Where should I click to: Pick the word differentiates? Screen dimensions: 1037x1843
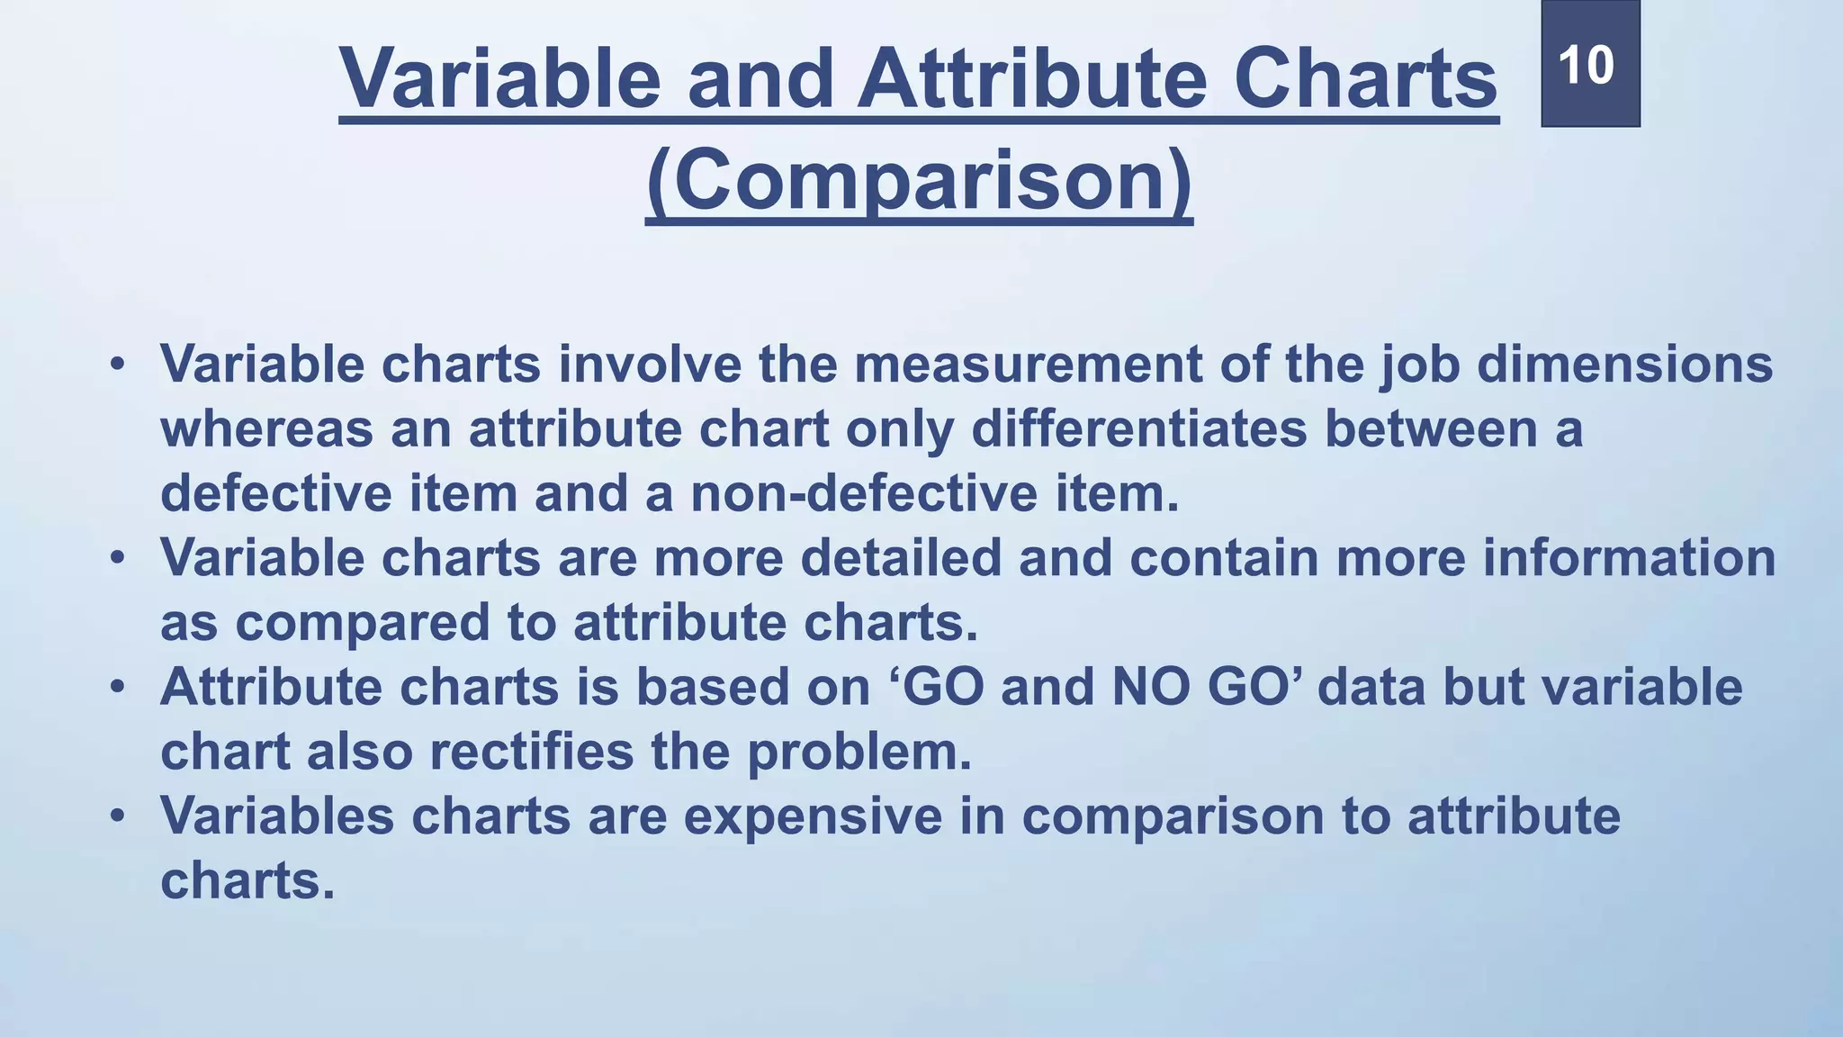(x=1138, y=429)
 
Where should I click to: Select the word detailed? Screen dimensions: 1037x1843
(x=901, y=558)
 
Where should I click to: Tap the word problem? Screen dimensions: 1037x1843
(x=859, y=753)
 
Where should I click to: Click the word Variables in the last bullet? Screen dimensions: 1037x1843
(x=277, y=816)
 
